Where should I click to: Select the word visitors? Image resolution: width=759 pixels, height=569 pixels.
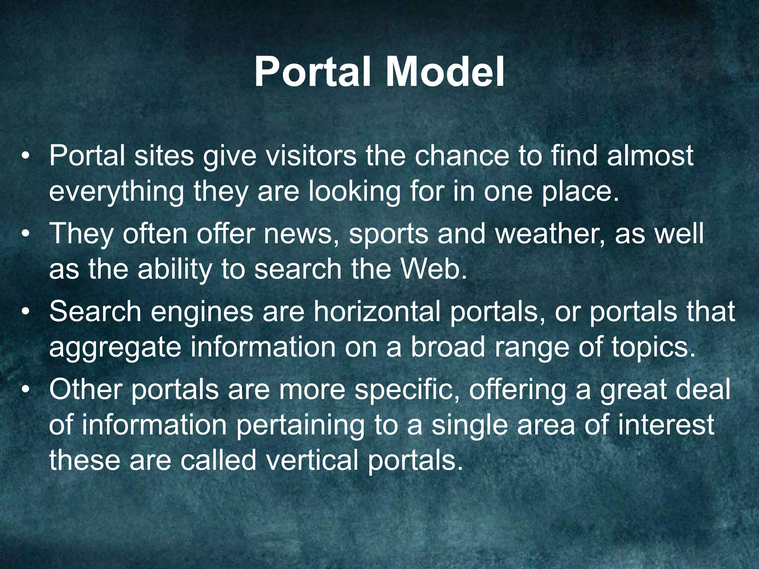[x=311, y=156]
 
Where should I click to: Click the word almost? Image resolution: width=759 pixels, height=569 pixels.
[x=650, y=156]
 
